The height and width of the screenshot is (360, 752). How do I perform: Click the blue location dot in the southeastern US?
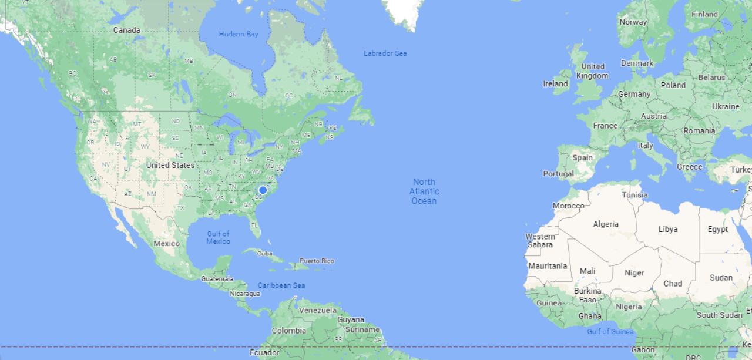pyautogui.click(x=263, y=190)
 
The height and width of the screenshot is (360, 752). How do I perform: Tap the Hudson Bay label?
pyautogui.click(x=239, y=34)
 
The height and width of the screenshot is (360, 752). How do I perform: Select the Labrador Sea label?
pyautogui.click(x=385, y=53)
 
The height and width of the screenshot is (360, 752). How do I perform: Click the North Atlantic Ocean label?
pyautogui.click(x=424, y=191)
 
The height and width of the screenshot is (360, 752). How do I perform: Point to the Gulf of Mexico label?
pyautogui.click(x=218, y=237)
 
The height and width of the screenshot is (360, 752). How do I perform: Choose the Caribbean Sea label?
pyautogui.click(x=281, y=285)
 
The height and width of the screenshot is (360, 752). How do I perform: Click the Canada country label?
pyautogui.click(x=127, y=30)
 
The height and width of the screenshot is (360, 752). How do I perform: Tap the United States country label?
pyautogui.click(x=170, y=166)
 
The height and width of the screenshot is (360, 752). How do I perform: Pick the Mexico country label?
pyautogui.click(x=166, y=243)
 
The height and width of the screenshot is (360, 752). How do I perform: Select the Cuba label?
pyautogui.click(x=265, y=254)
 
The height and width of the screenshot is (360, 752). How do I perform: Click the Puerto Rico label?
pyautogui.click(x=317, y=261)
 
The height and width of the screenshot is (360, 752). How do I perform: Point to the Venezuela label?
pyautogui.click(x=318, y=310)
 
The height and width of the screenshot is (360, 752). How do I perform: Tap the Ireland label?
pyautogui.click(x=555, y=84)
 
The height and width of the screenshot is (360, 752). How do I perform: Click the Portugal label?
pyautogui.click(x=558, y=174)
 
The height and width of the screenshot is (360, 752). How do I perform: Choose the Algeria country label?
pyautogui.click(x=606, y=224)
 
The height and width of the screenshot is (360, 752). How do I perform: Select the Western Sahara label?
pyautogui.click(x=540, y=241)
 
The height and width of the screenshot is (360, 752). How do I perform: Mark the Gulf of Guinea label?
pyautogui.click(x=610, y=332)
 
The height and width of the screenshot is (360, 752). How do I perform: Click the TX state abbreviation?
pyautogui.click(x=180, y=208)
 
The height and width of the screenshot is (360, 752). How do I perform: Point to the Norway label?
pyautogui.click(x=633, y=22)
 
